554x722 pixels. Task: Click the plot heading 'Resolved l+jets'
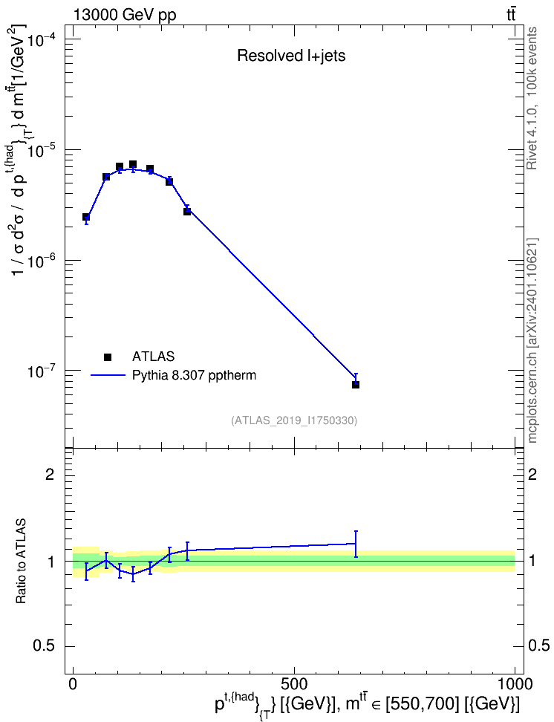click(x=291, y=56)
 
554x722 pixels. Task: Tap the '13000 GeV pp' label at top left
click(x=125, y=15)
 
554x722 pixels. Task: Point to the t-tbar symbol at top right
click(x=511, y=15)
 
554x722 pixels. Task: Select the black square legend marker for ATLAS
click(x=108, y=357)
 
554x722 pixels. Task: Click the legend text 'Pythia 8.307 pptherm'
click(x=194, y=376)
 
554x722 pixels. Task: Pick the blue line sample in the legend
click(x=108, y=376)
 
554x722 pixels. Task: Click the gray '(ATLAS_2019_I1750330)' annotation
click(x=294, y=420)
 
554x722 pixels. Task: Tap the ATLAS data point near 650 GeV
click(x=356, y=385)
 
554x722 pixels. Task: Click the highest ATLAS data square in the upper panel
click(x=133, y=164)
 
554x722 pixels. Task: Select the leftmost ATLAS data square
click(x=86, y=217)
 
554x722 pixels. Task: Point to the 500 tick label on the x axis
click(x=294, y=683)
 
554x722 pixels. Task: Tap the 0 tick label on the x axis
click(x=74, y=683)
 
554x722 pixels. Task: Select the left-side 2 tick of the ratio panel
click(x=50, y=474)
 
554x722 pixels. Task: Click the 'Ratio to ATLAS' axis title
click(x=21, y=562)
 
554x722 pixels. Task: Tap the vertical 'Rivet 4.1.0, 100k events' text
click(x=532, y=99)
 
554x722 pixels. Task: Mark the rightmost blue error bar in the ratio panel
click(x=356, y=544)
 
